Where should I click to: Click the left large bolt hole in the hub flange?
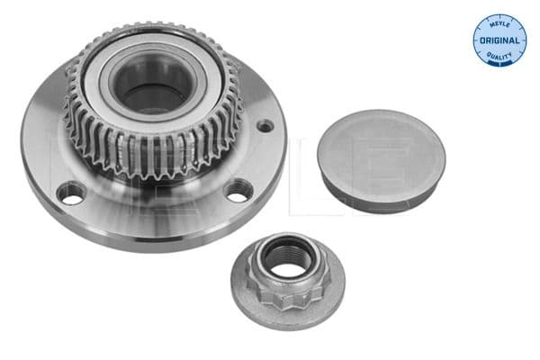pyautogui.click(x=70, y=192)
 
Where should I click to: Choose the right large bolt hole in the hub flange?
pyautogui.click(x=237, y=190)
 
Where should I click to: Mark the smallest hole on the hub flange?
pyautogui.click(x=264, y=125)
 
